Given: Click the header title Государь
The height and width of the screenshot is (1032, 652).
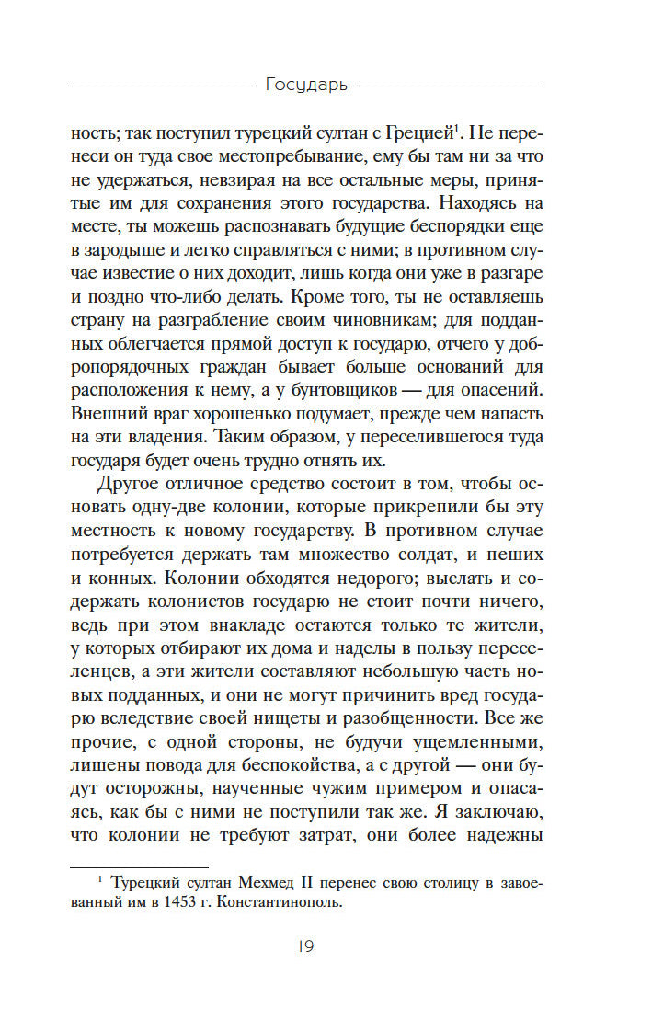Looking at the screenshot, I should [305, 86].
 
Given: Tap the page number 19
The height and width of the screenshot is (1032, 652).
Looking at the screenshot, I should [305, 946].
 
